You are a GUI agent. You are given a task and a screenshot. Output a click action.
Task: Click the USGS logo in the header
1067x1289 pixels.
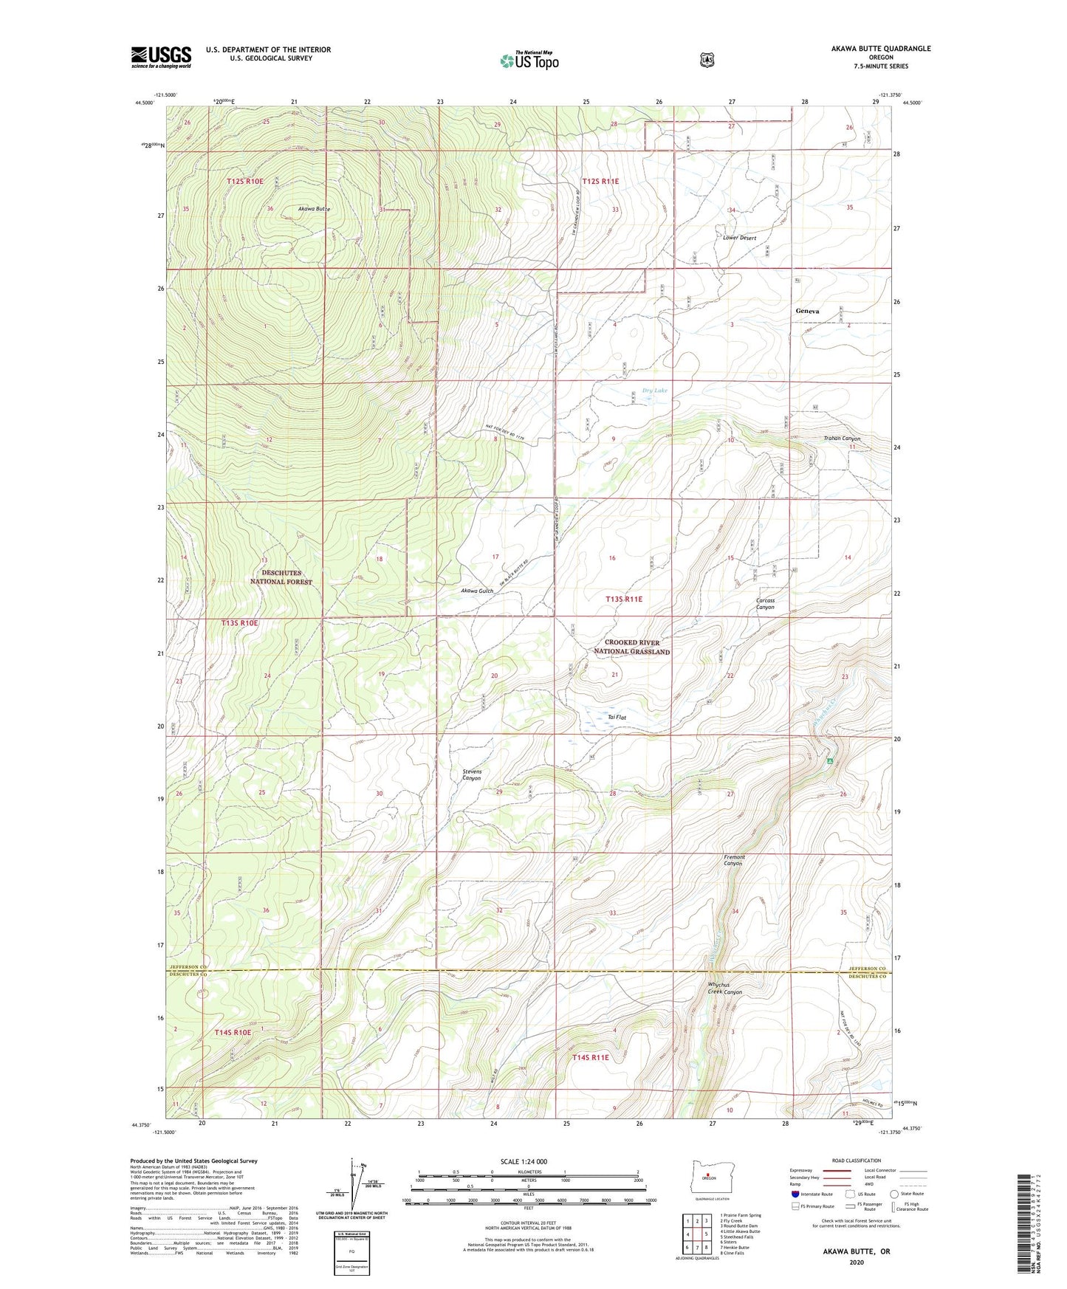tap(161, 57)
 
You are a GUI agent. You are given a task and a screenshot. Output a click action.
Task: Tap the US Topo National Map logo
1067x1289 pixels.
tap(528, 61)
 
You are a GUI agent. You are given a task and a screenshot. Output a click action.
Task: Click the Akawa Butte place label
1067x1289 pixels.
tap(314, 209)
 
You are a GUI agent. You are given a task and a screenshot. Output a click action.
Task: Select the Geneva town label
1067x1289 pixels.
tap(807, 312)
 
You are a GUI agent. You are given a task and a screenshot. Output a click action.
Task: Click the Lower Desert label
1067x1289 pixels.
tap(739, 238)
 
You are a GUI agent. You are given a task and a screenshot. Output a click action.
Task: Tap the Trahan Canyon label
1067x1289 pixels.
tap(842, 439)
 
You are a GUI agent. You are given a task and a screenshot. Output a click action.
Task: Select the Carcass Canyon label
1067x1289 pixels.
tap(766, 603)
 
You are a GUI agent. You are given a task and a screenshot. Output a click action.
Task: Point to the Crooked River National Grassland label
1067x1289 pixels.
tap(632, 647)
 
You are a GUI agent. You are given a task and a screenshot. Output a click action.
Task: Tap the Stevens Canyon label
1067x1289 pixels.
tap(472, 774)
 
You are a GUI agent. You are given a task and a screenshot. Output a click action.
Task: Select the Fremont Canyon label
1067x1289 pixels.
tap(734, 860)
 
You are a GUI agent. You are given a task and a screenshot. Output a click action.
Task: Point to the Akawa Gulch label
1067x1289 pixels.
tap(476, 591)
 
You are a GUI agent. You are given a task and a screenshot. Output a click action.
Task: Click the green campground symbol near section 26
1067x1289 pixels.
tap(830, 760)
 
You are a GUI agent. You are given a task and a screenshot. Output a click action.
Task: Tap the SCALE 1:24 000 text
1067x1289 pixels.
tap(524, 1161)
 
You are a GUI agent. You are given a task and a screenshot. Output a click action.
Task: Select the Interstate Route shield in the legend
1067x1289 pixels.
tap(795, 1193)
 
